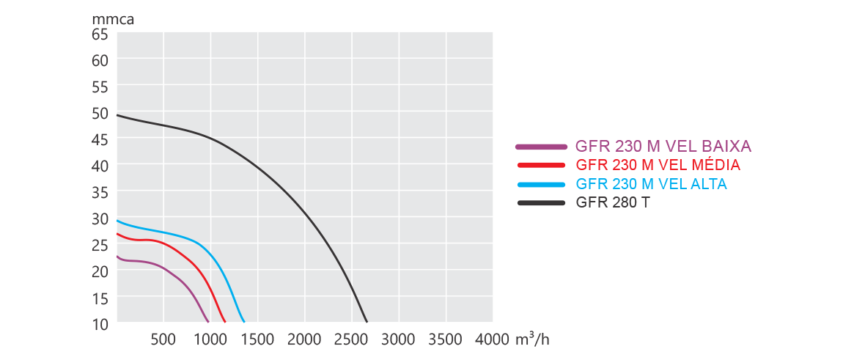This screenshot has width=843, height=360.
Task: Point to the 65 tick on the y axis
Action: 100,34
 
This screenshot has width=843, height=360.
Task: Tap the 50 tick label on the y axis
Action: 100,113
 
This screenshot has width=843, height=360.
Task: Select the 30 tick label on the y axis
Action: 100,218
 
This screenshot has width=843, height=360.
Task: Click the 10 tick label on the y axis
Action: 100,323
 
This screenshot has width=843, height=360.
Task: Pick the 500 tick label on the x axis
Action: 163,339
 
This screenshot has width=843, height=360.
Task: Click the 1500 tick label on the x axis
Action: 257,339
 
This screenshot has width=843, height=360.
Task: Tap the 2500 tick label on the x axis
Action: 351,339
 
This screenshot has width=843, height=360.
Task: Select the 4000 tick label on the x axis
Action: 492,339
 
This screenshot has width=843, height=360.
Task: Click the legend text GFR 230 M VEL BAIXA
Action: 663,146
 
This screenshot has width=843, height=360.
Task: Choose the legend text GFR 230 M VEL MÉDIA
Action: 658,165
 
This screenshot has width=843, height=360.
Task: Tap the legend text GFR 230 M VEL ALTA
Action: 651,184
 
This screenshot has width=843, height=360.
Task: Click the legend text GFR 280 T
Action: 612,203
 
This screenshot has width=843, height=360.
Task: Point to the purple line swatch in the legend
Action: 542,147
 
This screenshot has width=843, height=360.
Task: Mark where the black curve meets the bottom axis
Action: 366,321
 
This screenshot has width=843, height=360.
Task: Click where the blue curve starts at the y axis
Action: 118,221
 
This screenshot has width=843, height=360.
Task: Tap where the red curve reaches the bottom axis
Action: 224,321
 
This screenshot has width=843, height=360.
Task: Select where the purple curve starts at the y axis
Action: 118,257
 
